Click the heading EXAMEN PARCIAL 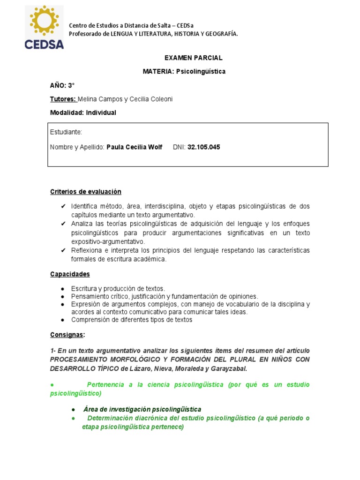click(x=193, y=58)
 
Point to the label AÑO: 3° click(x=62, y=85)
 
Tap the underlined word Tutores click(x=63, y=99)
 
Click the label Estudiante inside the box click(x=66, y=133)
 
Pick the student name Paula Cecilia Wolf click(x=135, y=147)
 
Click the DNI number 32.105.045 click(x=203, y=147)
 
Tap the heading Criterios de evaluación click(x=86, y=192)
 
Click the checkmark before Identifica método click(x=63, y=207)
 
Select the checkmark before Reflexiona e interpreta click(x=63, y=251)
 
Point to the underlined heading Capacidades click(x=70, y=274)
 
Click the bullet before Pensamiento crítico click(x=63, y=297)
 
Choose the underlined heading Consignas click(x=67, y=335)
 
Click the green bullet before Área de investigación click(x=74, y=410)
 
